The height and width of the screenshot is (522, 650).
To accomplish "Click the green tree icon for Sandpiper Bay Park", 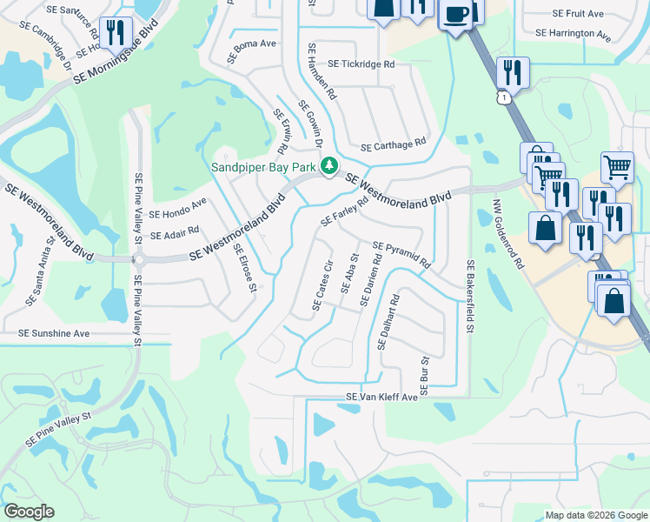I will coord(329,165).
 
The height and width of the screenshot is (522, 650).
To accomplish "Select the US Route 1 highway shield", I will coord(505,99).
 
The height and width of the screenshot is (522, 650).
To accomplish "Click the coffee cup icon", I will coord(456,15).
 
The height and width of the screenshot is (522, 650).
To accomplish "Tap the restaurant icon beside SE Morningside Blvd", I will coord(115,32).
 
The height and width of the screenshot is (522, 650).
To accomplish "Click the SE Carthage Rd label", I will coord(393,144).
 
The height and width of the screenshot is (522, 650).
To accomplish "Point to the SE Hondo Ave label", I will coord(178,208).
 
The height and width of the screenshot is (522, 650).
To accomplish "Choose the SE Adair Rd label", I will coord(175,233).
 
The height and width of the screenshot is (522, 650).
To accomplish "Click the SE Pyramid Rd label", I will coord(401,255).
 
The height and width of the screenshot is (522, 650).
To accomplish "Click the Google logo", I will coord(29,512).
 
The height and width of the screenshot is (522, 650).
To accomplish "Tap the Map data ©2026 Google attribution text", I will coord(595,515).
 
